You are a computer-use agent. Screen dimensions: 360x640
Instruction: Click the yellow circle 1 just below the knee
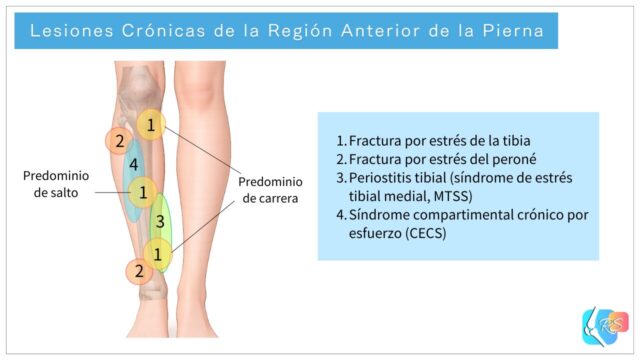point(150,124)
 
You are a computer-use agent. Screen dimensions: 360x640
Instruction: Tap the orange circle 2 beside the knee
point(119,141)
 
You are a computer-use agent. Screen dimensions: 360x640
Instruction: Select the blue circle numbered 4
point(133,163)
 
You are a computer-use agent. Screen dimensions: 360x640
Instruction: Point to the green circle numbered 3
point(158,221)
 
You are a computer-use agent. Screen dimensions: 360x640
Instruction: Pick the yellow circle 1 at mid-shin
point(143,190)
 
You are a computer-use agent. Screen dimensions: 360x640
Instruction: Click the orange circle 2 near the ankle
point(139,270)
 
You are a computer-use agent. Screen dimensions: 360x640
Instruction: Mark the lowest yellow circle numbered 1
point(157,253)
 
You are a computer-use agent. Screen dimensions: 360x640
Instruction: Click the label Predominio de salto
point(56,184)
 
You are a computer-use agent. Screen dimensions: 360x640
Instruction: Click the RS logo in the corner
point(604,326)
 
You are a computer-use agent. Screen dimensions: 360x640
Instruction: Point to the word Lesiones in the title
point(67,31)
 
